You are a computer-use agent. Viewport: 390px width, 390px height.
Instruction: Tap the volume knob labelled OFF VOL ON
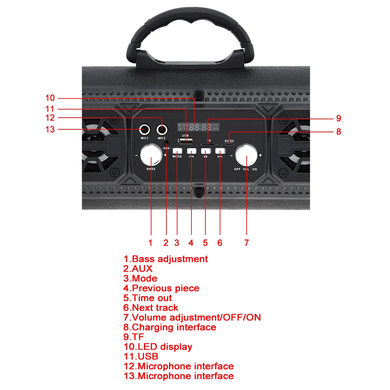(246, 155)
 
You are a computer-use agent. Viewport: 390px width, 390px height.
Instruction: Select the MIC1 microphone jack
(144, 130)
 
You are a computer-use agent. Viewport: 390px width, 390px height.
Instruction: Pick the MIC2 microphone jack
(162, 130)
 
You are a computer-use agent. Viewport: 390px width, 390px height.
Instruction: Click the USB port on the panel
(186, 141)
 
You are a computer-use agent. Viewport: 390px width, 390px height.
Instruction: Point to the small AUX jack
(166, 142)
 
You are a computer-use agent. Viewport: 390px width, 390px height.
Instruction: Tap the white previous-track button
(191, 151)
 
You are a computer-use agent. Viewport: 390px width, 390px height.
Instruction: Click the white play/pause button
(206, 151)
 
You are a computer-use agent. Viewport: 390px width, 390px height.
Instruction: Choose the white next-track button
(220, 151)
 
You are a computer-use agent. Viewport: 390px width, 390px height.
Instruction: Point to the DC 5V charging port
(229, 144)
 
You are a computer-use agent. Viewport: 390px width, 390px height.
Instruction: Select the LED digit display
(199, 127)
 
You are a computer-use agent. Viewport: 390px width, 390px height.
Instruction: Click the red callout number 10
(50, 98)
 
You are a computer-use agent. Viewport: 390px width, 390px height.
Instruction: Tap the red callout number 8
(339, 132)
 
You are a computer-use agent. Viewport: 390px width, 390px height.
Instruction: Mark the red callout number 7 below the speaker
(246, 243)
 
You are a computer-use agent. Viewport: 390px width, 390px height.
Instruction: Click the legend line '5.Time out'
(148, 298)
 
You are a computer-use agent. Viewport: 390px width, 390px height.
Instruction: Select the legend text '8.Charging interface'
(170, 327)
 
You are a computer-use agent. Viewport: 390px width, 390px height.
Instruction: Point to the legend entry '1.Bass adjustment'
(165, 259)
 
